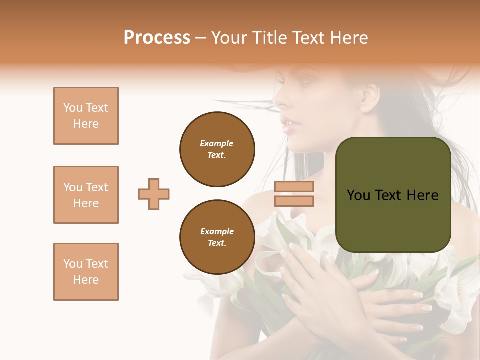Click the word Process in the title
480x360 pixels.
(157, 38)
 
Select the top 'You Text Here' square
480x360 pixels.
(86, 116)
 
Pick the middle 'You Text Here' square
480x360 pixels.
(86, 195)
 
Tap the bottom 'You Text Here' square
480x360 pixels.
(86, 272)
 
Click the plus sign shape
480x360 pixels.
(154, 194)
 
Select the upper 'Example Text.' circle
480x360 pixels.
(217, 149)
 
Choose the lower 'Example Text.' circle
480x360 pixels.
(217, 237)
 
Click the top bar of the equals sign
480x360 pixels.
(294, 187)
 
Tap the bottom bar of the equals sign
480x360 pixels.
(294, 201)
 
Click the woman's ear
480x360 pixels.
(368, 96)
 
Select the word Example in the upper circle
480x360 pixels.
(217, 143)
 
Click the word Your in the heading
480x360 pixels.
(229, 38)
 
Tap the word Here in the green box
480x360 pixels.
(422, 195)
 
